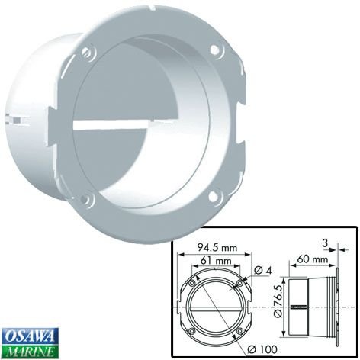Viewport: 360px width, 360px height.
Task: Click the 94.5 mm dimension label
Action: pos(217,247)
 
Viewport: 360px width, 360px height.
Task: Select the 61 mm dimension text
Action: pos(216,260)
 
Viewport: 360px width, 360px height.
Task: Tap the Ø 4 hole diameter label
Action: pos(263,270)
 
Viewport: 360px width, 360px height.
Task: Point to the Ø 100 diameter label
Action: pos(262,349)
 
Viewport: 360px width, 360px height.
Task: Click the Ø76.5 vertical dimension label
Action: pos(278,301)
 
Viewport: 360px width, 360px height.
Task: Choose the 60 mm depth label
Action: pos(313,259)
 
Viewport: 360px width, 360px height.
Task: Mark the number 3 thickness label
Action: pos(325,243)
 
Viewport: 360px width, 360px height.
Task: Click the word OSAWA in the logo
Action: pos(31,336)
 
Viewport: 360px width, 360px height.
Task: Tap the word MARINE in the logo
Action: pos(31,352)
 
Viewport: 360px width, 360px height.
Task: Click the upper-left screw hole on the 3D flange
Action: pos(88,52)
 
